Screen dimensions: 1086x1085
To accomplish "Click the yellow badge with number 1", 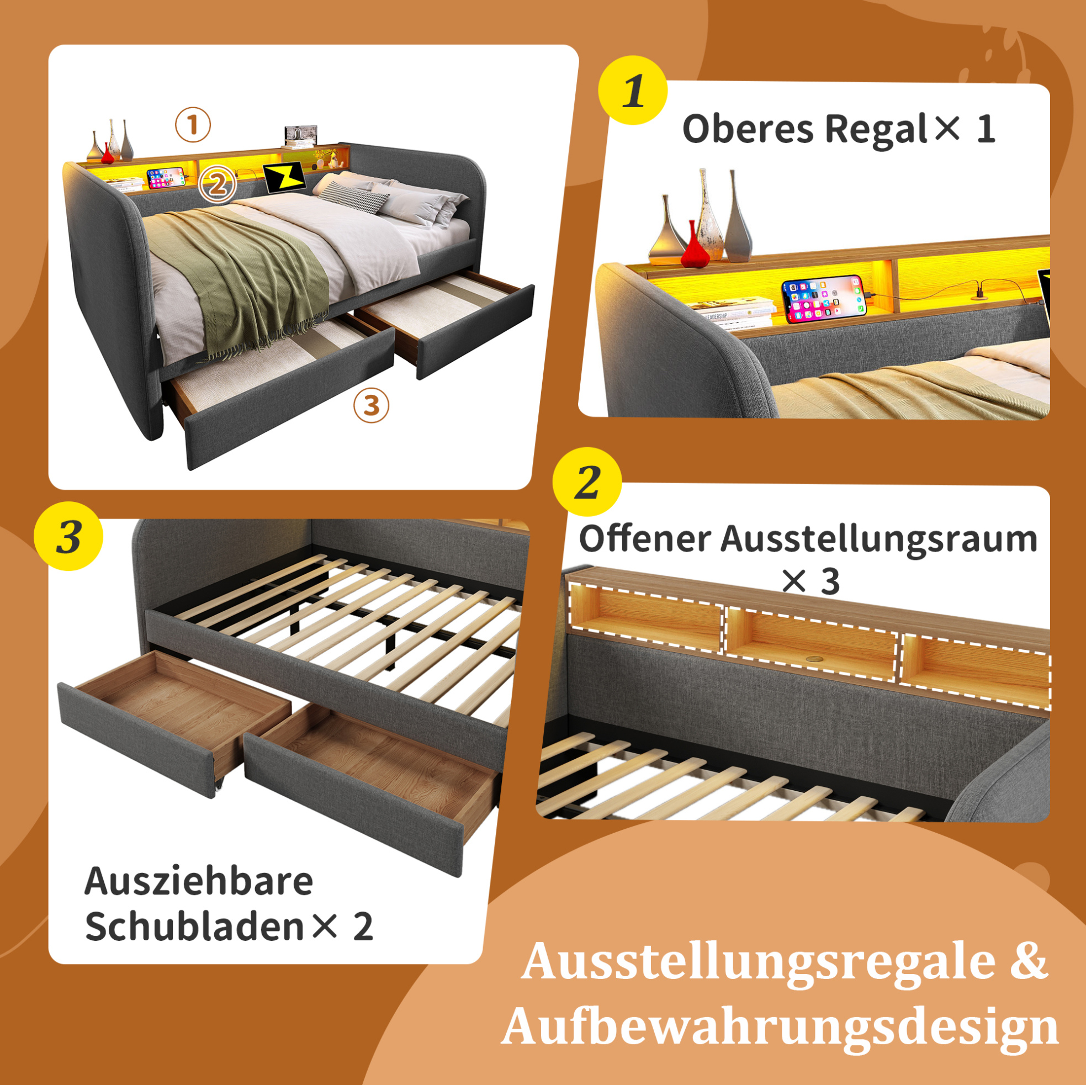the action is tap(632, 90).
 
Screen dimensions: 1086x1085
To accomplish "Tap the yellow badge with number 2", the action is tap(587, 482).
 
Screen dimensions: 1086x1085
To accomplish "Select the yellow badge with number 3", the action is tap(68, 536).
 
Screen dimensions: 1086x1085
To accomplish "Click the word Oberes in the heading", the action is tap(748, 129).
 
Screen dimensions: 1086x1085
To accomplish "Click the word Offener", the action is tap(645, 538).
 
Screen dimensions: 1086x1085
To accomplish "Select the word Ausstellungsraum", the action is tap(879, 539).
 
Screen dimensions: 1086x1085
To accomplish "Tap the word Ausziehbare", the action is tap(198, 881).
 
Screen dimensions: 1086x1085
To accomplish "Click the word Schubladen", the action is tap(194, 927).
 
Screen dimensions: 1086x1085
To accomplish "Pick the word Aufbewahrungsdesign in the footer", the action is tap(780, 1027).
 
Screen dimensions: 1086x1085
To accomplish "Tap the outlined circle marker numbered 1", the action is tap(193, 125).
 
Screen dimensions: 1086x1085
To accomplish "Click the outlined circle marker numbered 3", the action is tap(371, 405).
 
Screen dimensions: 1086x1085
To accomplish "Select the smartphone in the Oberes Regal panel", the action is tap(825, 299).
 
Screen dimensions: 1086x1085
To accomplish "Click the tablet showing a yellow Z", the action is tap(284, 178).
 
